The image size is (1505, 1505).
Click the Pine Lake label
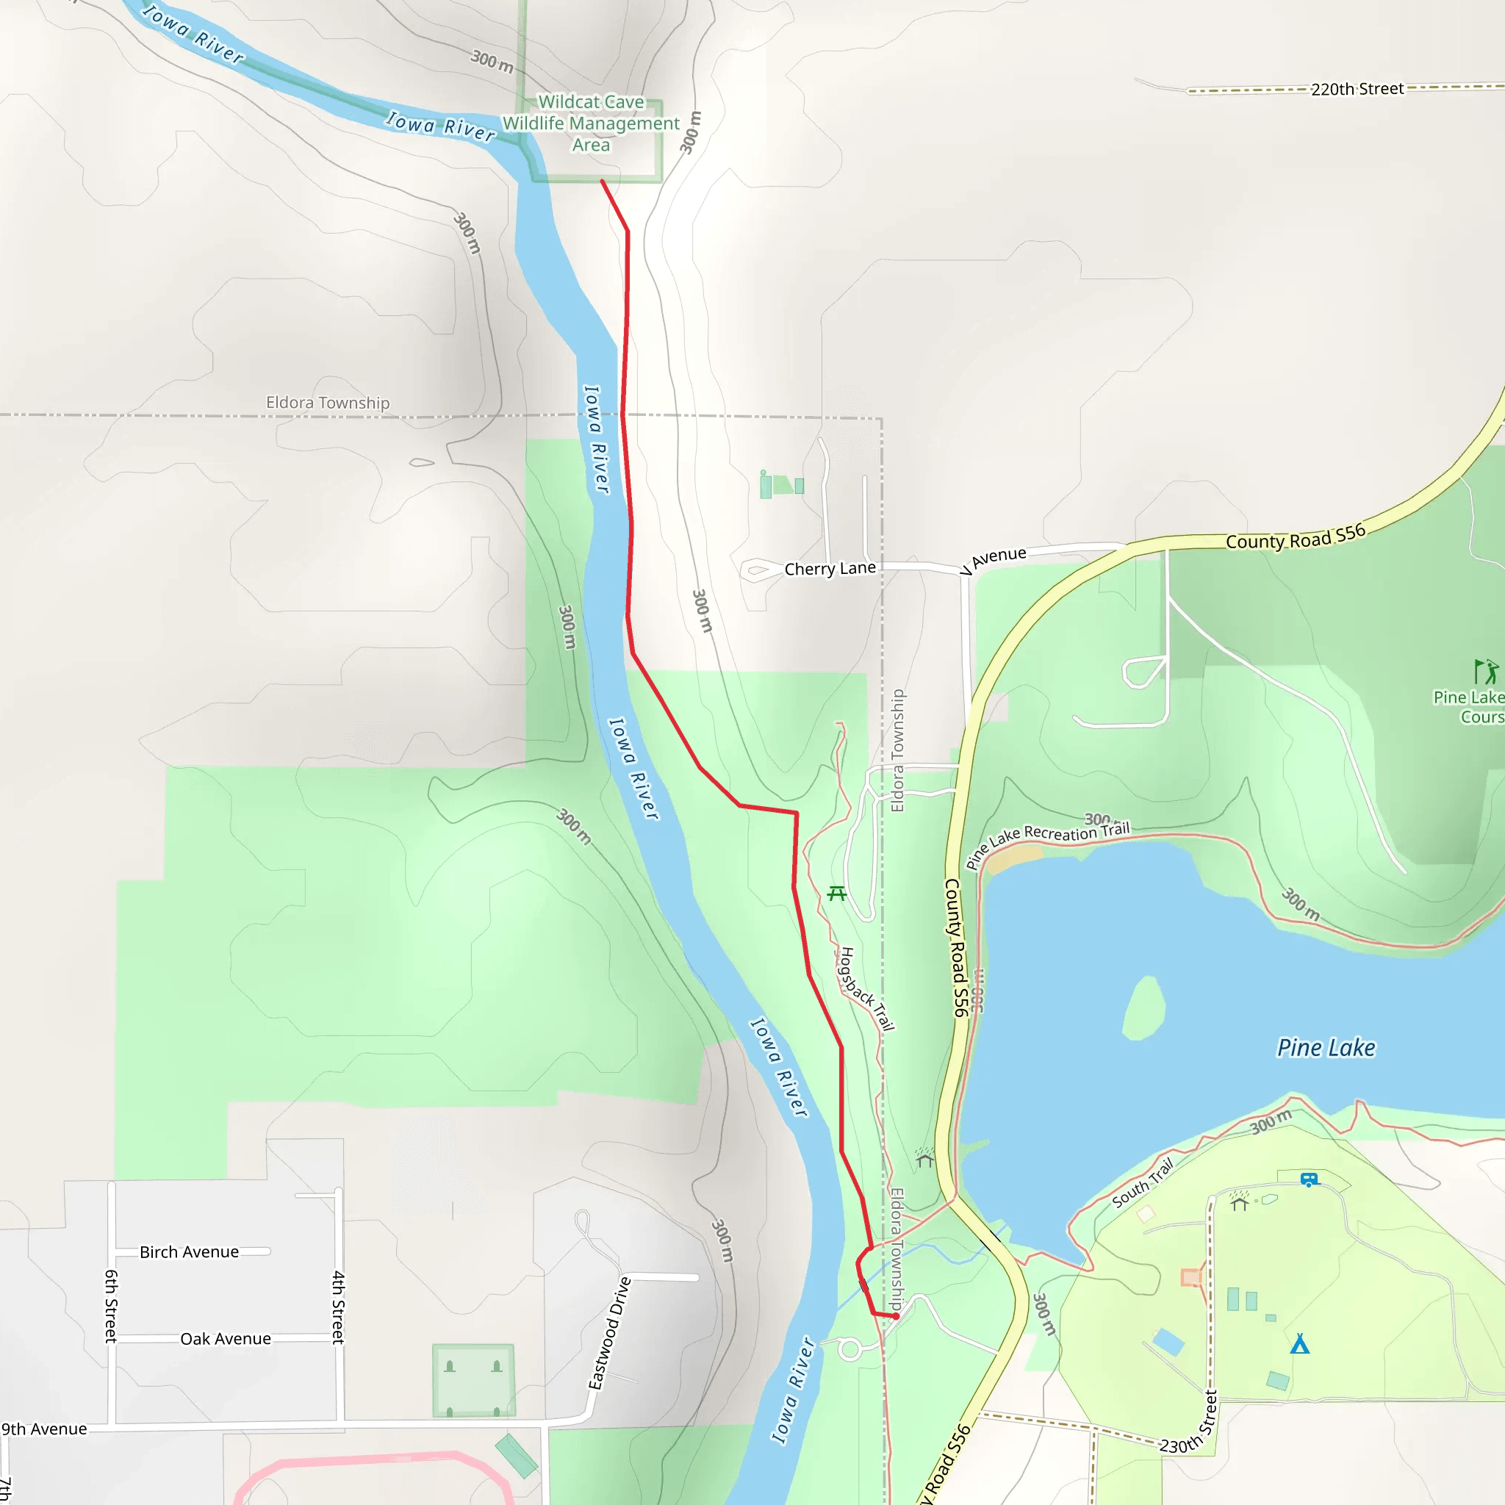point(1326,1048)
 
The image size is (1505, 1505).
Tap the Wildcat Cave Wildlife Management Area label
point(591,123)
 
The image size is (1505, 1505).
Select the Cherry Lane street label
point(830,569)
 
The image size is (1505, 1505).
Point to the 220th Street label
point(1357,89)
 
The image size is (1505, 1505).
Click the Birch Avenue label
point(190,1251)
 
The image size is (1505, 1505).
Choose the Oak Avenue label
point(225,1338)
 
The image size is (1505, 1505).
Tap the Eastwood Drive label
point(609,1333)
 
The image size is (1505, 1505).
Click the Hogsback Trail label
point(866,989)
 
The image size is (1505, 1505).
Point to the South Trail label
point(1142,1183)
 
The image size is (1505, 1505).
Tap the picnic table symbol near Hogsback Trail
point(836,894)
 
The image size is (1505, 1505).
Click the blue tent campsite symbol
point(1299,1344)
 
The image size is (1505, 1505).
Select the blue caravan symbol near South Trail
point(1310,1179)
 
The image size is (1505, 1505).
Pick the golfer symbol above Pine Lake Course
point(1485,672)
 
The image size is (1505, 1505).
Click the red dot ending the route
point(896,1316)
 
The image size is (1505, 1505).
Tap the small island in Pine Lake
point(1144,1010)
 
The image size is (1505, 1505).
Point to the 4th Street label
point(338,1307)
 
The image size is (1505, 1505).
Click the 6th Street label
point(112,1307)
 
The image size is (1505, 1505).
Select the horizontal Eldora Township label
point(328,403)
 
